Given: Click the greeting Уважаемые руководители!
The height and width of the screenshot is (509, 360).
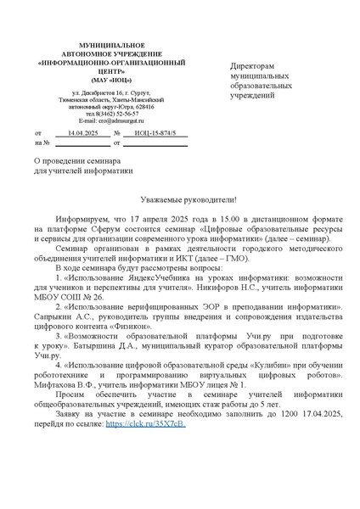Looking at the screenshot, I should coord(179,198).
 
